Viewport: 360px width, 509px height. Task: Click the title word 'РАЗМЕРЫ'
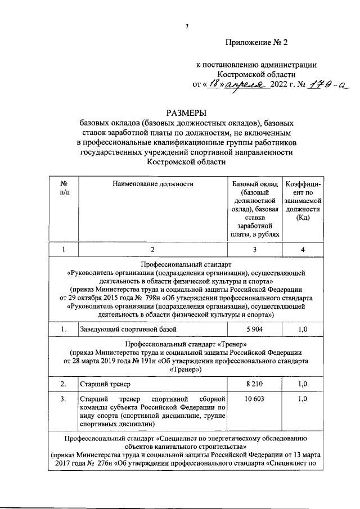(186, 112)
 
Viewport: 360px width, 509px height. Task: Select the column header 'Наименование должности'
(152, 184)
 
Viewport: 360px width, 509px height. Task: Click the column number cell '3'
(254, 250)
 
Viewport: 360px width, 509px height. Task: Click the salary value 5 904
(254, 328)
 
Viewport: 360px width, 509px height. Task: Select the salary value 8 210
(254, 384)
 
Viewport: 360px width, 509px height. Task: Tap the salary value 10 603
(254, 399)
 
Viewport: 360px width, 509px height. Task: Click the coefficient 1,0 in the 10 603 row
(303, 399)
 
